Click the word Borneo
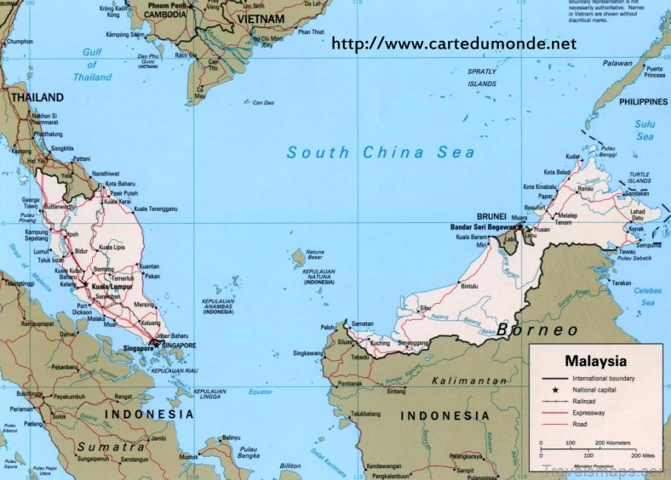538,329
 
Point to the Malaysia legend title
596,359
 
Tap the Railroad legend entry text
589,398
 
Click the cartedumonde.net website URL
447,43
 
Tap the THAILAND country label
37,98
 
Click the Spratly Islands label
482,78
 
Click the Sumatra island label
112,447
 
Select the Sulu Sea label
645,129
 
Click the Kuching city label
379,342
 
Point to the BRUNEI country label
492,215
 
